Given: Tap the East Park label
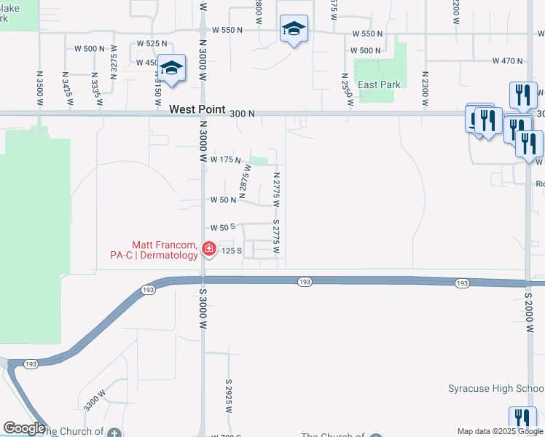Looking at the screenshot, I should [379, 84].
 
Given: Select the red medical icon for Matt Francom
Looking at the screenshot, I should [209, 250].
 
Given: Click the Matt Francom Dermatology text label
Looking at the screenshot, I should [165, 250].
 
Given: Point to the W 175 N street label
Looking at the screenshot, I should [226, 159].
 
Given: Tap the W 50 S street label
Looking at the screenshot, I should [223, 227].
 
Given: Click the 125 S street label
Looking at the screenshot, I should [232, 251].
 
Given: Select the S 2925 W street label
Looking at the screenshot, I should [228, 395].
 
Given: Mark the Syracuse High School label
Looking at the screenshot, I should [495, 388].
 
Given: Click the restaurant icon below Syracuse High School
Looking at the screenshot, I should [522, 418].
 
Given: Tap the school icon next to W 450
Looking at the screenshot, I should [172, 68].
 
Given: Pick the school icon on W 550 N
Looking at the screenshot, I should [294, 28].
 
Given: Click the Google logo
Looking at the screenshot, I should [24, 428].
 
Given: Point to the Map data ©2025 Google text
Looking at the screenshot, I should [499, 431].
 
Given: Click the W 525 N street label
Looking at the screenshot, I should [152, 44].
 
